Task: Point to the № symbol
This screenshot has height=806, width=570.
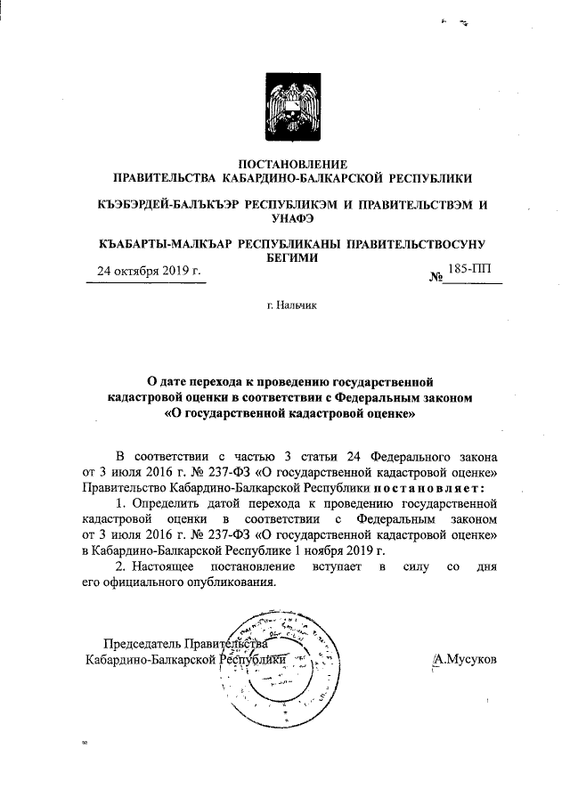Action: tap(436, 277)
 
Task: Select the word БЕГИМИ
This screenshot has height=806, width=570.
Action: tap(286, 256)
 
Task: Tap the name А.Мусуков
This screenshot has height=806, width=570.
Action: tap(463, 659)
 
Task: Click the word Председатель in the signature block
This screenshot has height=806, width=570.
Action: tap(142, 644)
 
